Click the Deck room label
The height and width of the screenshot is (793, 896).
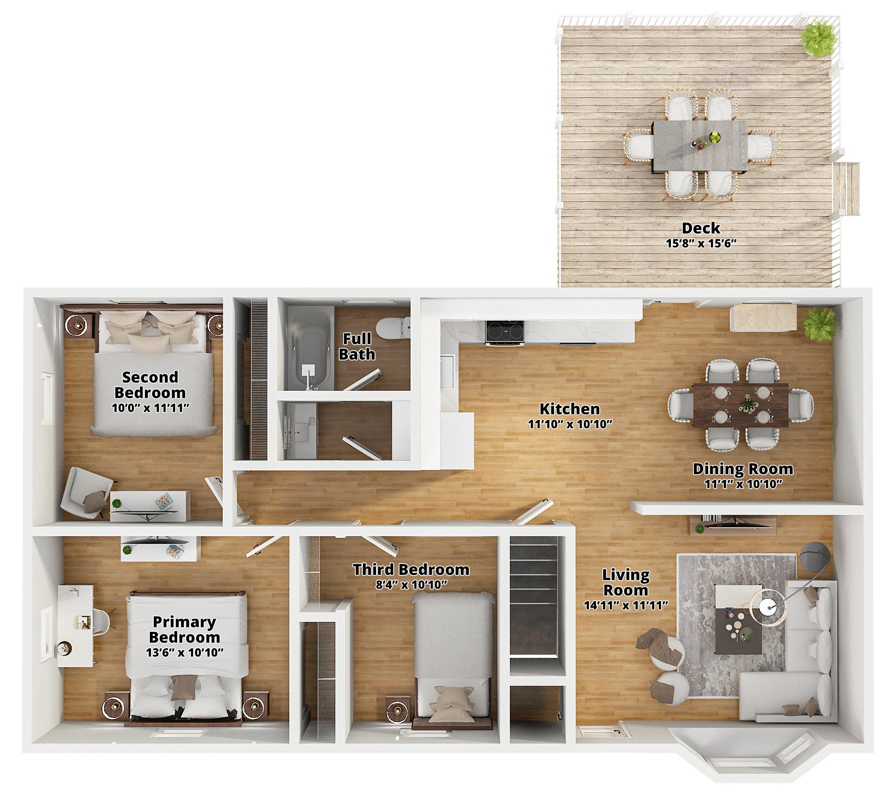pyautogui.click(x=701, y=228)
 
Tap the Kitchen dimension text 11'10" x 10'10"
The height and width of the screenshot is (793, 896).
pyautogui.click(x=570, y=424)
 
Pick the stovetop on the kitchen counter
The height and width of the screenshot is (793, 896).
pyautogui.click(x=504, y=331)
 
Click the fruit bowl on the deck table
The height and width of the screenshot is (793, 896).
pyautogui.click(x=715, y=138)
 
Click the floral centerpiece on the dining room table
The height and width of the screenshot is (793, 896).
pyautogui.click(x=745, y=404)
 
